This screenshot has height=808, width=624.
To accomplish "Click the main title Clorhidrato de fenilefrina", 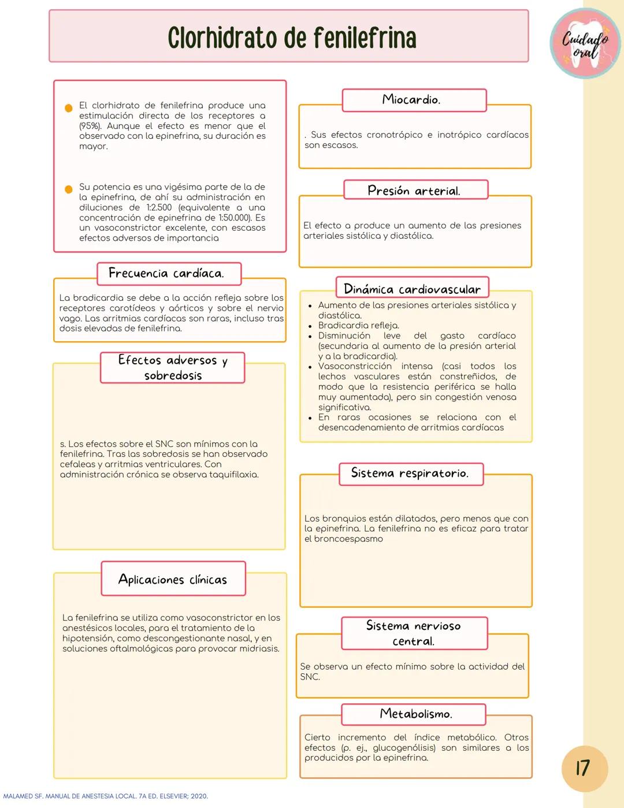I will tap(292, 38).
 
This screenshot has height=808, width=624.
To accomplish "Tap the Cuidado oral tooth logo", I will tap(585, 44).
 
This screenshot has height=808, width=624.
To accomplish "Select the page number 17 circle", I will tap(584, 768).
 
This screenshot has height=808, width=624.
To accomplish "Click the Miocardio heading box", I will tap(414, 100).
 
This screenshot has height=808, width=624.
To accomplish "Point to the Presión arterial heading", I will tap(415, 190).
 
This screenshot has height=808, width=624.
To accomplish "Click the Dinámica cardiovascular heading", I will tap(412, 289).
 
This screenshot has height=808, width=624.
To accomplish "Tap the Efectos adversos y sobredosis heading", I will tap(172, 367).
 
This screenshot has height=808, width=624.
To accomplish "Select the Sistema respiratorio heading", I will tap(410, 473).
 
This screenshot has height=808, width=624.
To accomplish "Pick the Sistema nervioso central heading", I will tap(414, 633).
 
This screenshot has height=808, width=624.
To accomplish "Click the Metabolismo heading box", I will tap(414, 714).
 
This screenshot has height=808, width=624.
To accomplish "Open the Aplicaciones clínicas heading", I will tap(173, 579).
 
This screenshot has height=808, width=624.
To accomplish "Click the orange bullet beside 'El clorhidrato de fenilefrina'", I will tap(68, 108).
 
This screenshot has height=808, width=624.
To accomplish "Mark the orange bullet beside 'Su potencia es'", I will tap(68, 189).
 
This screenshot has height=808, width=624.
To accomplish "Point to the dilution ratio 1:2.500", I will tap(159, 208).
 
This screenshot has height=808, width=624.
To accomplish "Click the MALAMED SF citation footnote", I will tap(106, 796).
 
